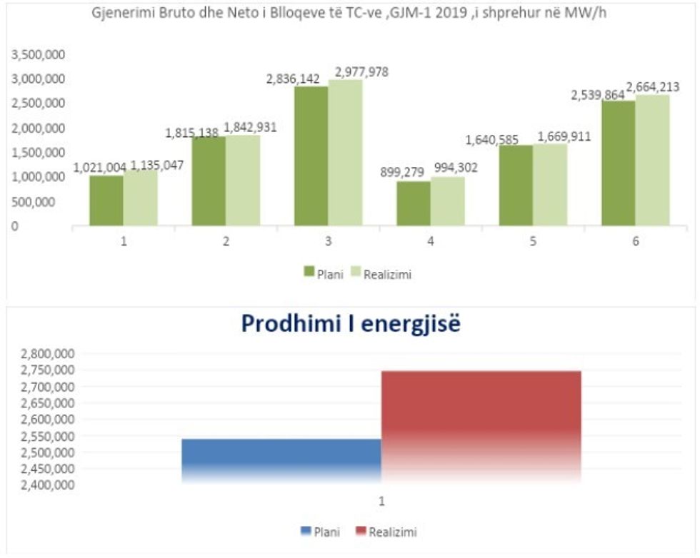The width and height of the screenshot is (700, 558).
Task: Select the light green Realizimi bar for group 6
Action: (652, 161)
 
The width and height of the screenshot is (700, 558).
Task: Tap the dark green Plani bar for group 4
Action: (414, 203)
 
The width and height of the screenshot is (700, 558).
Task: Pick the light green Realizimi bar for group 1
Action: (140, 198)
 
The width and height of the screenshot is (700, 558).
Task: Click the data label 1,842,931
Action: (251, 128)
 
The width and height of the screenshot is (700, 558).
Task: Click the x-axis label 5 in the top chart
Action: (533, 241)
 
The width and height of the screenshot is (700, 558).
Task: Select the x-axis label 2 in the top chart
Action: (226, 241)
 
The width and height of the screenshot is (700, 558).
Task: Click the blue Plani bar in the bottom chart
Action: (281, 460)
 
